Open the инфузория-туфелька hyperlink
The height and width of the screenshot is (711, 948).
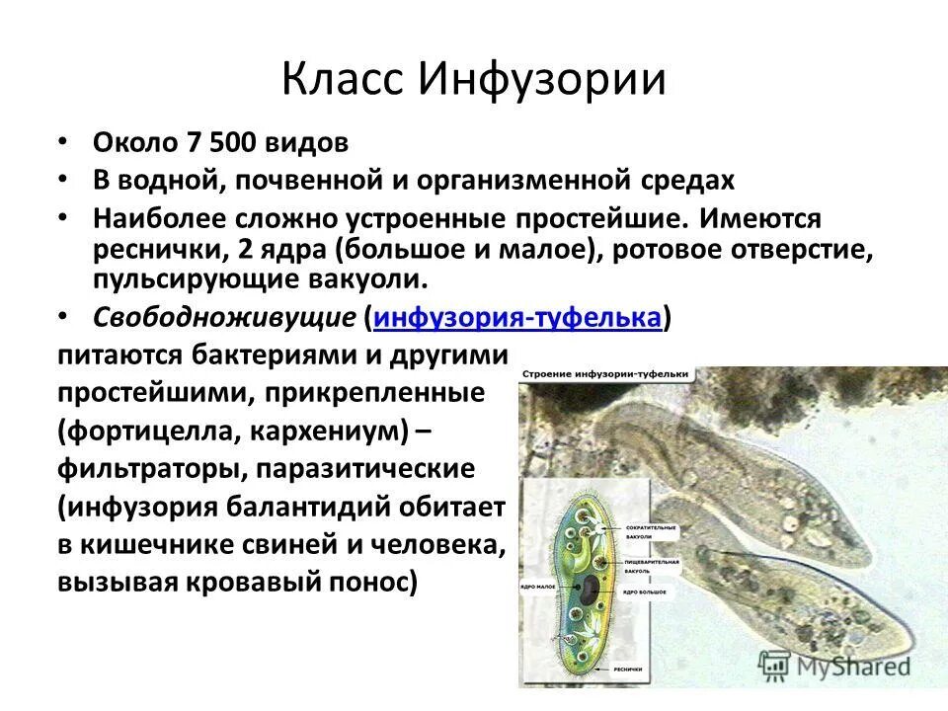point(517,318)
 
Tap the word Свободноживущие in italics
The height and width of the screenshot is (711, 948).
point(224,318)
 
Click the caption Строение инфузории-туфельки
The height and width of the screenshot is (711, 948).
point(605,375)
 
